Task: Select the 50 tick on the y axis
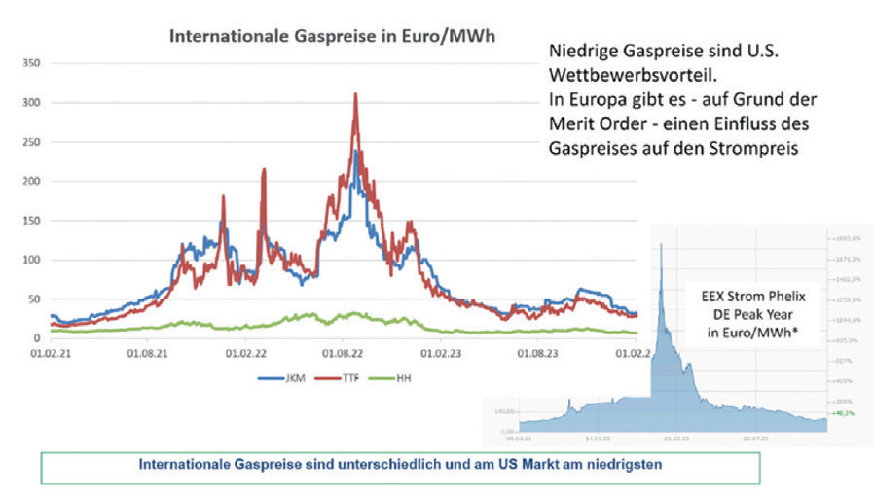click(32, 299)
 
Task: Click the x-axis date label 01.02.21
click(42, 353)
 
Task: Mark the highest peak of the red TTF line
click(355, 94)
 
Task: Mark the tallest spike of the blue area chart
click(662, 244)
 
